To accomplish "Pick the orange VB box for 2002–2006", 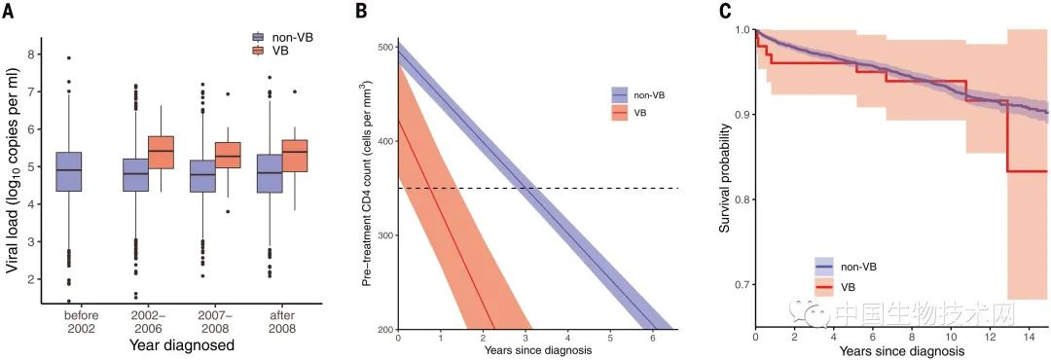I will pos(161,152).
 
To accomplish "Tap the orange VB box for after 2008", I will pos(294,156).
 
